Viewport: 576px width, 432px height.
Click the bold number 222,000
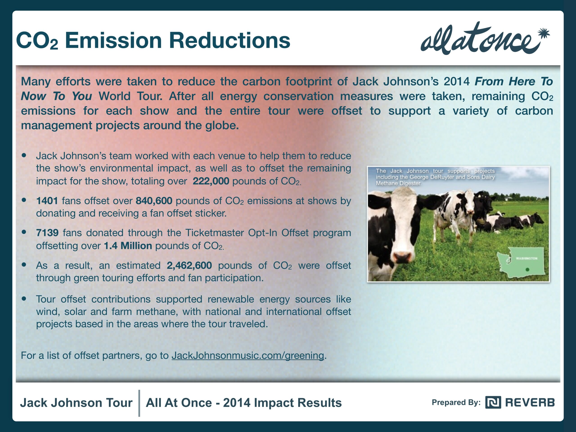click(x=211, y=181)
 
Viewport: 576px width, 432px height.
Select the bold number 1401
click(x=47, y=201)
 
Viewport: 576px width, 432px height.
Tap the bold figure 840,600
click(x=154, y=201)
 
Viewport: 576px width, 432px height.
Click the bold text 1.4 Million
click(x=128, y=245)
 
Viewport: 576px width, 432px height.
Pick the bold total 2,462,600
click(x=189, y=265)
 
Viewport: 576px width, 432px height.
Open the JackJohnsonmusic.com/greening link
click(x=248, y=355)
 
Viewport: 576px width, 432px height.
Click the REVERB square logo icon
click(x=493, y=402)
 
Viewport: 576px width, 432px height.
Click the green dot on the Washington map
click(x=527, y=270)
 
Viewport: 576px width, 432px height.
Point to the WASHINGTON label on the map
click(x=526, y=258)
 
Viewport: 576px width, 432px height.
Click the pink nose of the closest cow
click(x=403, y=256)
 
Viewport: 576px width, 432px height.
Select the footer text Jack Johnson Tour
click(x=76, y=403)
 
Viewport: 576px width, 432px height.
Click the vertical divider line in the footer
click(x=139, y=403)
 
